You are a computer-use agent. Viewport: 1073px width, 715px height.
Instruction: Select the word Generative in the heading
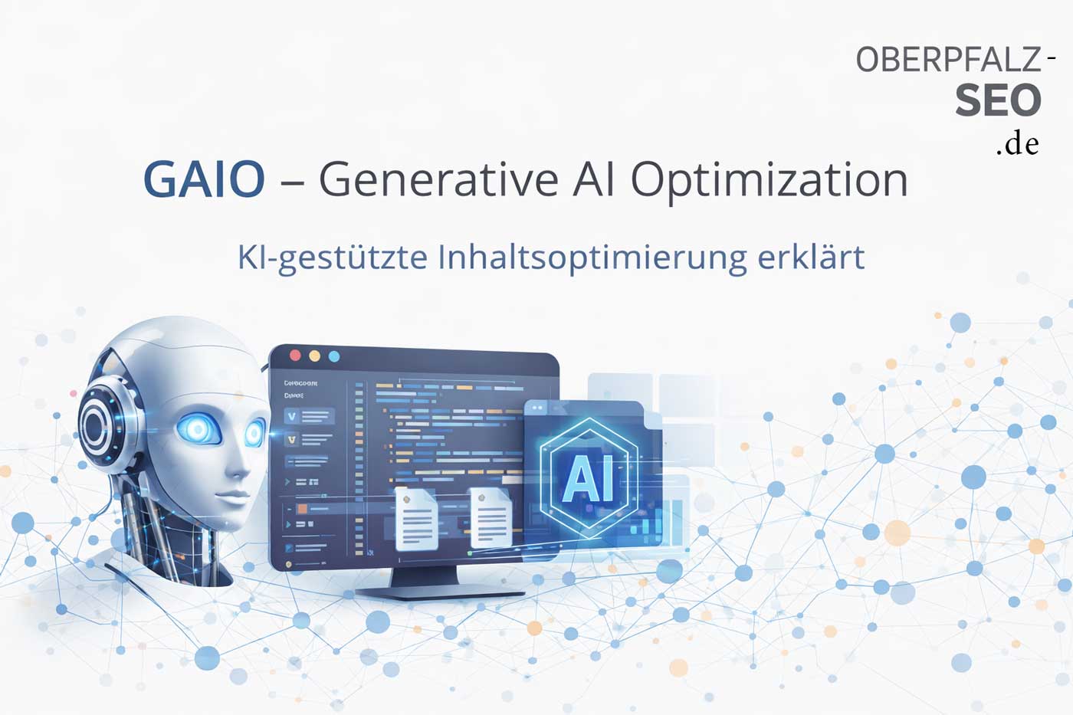pyautogui.click(x=438, y=181)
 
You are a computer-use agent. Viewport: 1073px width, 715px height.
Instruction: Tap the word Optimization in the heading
pyautogui.click(x=769, y=181)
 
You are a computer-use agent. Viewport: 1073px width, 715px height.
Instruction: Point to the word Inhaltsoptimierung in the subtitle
pyautogui.click(x=592, y=257)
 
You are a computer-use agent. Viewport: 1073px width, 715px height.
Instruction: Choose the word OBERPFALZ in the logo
pyautogui.click(x=948, y=60)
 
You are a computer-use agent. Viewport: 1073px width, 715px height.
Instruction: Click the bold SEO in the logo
pyautogui.click(x=998, y=100)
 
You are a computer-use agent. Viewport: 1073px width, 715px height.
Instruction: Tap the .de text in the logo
pyautogui.click(x=1018, y=144)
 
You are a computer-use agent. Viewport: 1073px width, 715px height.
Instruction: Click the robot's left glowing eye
pyautogui.click(x=198, y=429)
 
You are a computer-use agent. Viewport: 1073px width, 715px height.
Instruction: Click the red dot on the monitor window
pyautogui.click(x=295, y=356)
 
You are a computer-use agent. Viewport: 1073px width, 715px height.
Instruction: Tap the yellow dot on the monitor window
pyautogui.click(x=314, y=356)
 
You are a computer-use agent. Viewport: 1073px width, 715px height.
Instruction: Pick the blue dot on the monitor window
pyautogui.click(x=333, y=356)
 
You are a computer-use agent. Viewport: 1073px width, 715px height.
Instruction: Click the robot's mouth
pyautogui.click(x=228, y=494)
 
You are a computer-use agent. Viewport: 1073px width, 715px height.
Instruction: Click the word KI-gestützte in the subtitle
pyautogui.click(x=333, y=257)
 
